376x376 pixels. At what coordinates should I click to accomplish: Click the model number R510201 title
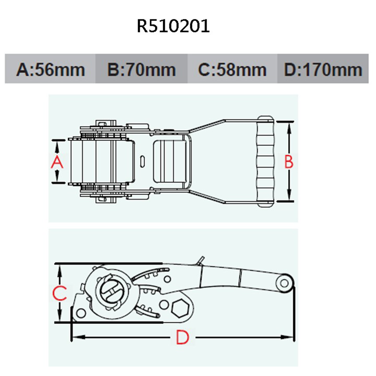tap(173, 27)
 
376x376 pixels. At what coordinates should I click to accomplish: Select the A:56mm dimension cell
tap(50, 70)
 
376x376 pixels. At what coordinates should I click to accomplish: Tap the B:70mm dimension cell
tap(141, 70)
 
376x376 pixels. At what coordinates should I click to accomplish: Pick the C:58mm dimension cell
tap(232, 70)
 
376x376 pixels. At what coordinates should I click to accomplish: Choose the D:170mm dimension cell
tap(323, 70)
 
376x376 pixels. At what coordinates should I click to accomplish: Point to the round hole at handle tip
tap(285, 282)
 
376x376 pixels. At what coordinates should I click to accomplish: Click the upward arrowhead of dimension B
tap(289, 127)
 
